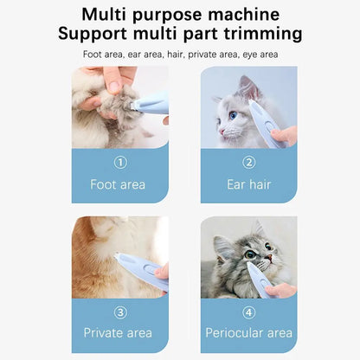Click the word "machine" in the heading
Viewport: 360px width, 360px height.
tap(243, 14)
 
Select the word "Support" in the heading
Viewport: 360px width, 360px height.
tap(93, 35)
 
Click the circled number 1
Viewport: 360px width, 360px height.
tap(120, 163)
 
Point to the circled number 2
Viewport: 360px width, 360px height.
tap(249, 163)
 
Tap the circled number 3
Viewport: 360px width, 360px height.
tap(120, 312)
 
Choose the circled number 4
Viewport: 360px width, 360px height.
tap(249, 312)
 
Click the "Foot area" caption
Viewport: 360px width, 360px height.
tap(118, 184)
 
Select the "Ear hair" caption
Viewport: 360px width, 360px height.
tap(249, 184)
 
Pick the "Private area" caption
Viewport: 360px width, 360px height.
tap(118, 333)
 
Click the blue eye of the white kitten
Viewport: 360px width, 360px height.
tap(233, 115)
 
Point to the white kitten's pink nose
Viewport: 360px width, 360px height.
tap(222, 132)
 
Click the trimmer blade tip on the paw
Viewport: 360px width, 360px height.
tap(134, 106)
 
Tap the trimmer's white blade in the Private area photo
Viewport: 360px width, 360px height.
tap(118, 256)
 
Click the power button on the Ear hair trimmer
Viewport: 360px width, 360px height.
tap(269, 126)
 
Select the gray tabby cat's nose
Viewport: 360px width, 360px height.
tap(269, 257)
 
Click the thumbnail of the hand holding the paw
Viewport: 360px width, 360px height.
tap(114, 87)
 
